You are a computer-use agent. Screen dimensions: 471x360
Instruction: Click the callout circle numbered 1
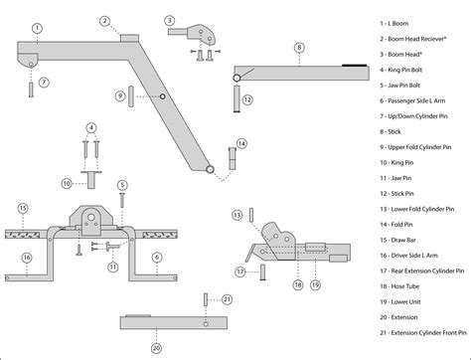tap(37, 28)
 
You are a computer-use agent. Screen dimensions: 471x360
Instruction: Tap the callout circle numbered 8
tap(299, 48)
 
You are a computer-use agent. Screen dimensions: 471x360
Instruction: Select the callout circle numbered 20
tap(156, 348)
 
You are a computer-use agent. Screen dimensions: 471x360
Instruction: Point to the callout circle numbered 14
tap(241, 143)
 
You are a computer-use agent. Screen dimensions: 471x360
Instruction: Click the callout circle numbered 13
tap(237, 215)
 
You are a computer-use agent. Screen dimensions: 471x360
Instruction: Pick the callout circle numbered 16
tap(27, 258)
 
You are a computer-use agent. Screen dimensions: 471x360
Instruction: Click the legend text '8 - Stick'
tap(391, 131)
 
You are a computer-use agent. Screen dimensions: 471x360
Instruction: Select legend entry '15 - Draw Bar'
tap(397, 240)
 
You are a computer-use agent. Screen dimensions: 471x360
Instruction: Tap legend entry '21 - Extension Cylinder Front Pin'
tap(423, 333)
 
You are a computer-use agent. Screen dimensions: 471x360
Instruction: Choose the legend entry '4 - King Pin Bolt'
tap(400, 70)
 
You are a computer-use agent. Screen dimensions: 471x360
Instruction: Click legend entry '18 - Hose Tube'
tap(399, 286)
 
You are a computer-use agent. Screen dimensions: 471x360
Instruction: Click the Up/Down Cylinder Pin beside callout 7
tap(31, 90)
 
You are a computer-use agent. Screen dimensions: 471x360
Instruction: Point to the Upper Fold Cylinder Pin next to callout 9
tap(131, 96)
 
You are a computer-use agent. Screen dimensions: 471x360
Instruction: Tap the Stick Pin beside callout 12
tap(236, 98)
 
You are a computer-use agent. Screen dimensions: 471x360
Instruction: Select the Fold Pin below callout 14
tap(233, 159)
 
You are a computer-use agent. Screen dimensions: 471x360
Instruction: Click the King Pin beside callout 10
tap(91, 179)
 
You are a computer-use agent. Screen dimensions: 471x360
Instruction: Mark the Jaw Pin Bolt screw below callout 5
tap(122, 200)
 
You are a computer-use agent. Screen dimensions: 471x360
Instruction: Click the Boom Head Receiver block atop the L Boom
tap(129, 38)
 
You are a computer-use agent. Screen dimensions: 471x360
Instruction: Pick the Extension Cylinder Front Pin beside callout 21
tap(206, 299)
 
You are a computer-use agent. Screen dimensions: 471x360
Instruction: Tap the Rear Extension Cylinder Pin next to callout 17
tap(262, 272)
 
